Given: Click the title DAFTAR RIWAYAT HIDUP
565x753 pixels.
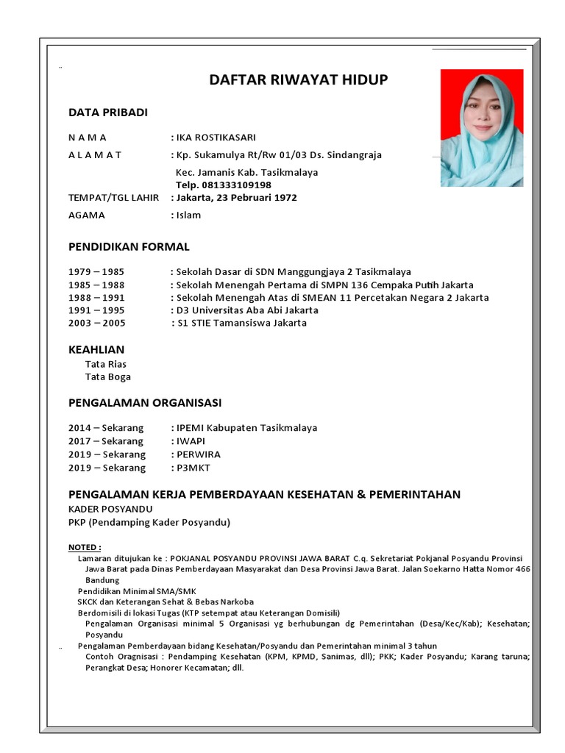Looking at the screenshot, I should pos(298,80).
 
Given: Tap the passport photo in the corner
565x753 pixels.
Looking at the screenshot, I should pos(482,127).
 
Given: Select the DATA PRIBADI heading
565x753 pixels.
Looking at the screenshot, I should pos(108,113).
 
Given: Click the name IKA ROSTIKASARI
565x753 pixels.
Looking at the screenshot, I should pos(216,138).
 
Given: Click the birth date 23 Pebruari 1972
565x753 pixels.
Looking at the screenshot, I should pos(255,198).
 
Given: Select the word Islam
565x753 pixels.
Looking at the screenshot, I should pos(188,215).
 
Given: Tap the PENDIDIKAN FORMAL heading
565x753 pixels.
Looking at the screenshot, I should pos(129,246).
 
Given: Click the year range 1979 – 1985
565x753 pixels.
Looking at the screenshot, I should pos(96,271).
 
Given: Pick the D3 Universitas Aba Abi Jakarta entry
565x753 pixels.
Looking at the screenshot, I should pos(247,310).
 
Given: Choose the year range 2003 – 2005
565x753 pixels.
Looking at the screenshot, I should pos(96,323).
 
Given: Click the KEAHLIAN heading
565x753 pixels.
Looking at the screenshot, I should pos(96,349).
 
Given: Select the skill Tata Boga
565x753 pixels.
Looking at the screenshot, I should pos(108,376).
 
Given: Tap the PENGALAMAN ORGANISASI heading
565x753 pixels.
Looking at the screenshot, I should pos(145,403).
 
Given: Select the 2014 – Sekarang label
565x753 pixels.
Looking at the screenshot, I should pos(106,428).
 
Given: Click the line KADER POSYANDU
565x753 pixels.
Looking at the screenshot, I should pos(110,509).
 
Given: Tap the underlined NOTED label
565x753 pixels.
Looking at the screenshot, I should pos(85,548).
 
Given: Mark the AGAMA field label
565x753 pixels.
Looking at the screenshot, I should pos(87,215).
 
